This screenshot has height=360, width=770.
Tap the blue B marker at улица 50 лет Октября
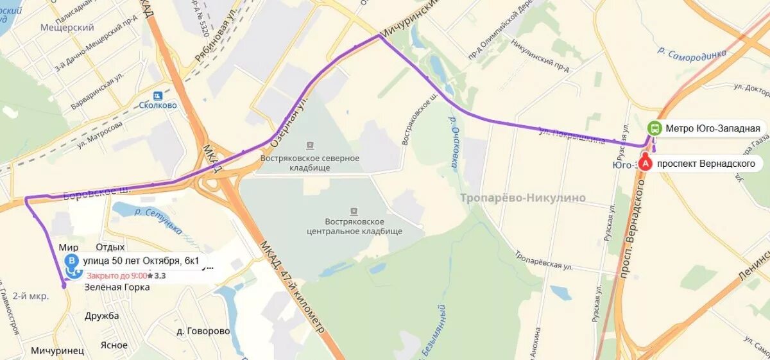[72, 261]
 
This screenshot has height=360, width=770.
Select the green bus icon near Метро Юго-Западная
[654, 128]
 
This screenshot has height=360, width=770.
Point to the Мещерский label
[67, 28]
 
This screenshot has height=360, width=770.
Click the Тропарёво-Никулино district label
[522, 198]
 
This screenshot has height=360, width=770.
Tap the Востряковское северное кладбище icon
[311, 146]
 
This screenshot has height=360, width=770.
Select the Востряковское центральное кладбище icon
[354, 210]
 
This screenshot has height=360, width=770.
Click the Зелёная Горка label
[117, 287]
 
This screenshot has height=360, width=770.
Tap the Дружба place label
[102, 316]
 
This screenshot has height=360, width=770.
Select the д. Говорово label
[203, 331]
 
